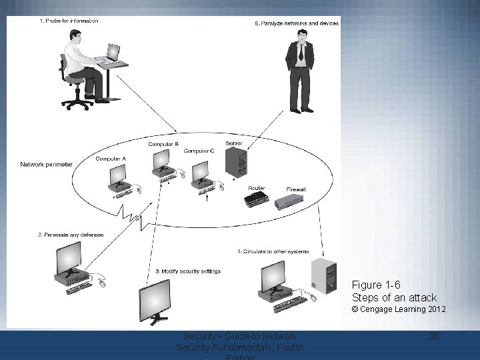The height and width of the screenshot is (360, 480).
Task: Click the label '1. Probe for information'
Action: tap(69, 21)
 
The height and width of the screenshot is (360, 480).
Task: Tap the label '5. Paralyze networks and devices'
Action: tap(297, 23)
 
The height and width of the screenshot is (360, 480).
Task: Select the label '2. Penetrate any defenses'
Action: tap(71, 235)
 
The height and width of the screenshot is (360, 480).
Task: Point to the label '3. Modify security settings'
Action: tap(187, 271)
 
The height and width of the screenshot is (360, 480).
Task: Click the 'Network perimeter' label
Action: tap(46, 164)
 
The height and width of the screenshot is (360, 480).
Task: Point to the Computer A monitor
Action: tap(119, 175)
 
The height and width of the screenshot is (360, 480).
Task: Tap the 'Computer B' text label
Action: tap(163, 144)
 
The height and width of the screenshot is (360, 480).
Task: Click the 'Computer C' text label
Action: tap(199, 151)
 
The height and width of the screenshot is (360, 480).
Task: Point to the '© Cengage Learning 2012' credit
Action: tap(399, 309)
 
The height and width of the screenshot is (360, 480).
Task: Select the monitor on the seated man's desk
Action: tap(113, 53)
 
